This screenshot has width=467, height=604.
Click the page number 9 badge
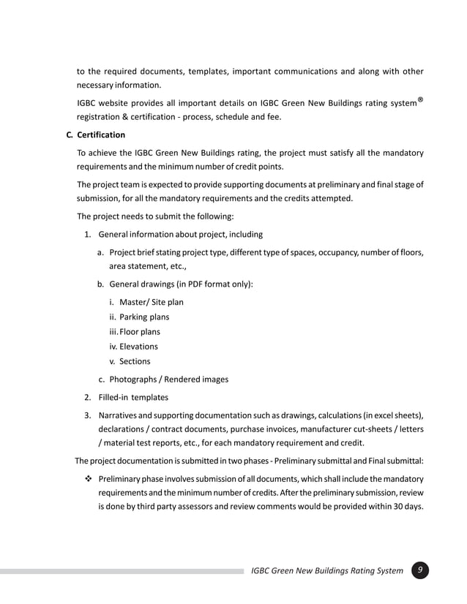[x=420, y=570]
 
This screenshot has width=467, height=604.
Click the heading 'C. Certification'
[x=96, y=135]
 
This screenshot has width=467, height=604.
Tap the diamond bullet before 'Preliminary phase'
[x=87, y=478]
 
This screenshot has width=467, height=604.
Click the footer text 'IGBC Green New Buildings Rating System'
[x=326, y=571]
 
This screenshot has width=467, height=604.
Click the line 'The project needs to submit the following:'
[x=155, y=216]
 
